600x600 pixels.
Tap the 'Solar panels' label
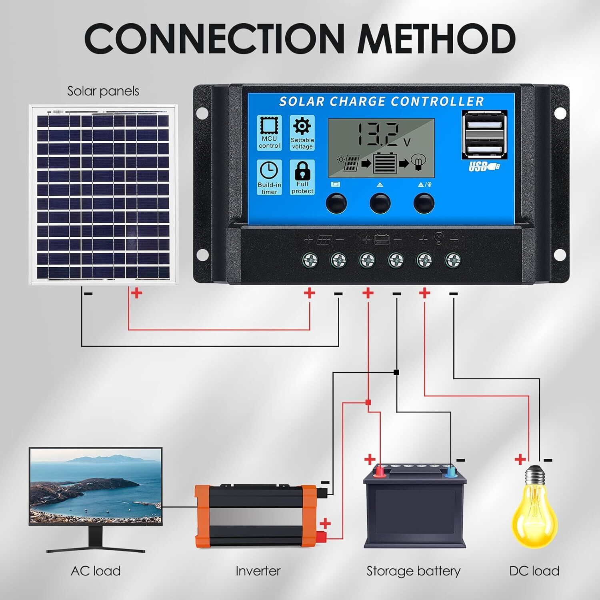103,91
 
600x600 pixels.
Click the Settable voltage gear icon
302,126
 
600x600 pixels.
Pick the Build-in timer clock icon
269,170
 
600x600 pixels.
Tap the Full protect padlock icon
302,170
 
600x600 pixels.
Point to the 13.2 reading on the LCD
378,135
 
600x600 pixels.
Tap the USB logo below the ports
484,166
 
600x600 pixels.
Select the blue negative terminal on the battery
451,472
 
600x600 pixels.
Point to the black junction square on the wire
396,372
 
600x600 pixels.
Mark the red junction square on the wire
368,402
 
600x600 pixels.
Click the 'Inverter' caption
258,571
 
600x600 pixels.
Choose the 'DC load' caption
534,571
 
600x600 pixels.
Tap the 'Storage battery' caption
413,571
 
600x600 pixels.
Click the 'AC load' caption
96,571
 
